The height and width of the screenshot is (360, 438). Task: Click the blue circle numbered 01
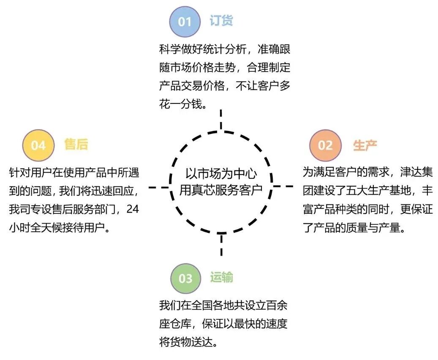185,22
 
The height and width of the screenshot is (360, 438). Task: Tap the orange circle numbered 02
325,145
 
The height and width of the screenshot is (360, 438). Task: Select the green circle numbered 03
185,278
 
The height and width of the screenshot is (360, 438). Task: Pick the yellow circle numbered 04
38,145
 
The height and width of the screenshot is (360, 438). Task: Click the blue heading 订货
221,21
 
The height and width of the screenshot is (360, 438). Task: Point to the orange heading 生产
365,145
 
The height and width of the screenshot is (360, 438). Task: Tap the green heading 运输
222,278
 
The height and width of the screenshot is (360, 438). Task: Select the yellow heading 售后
76,145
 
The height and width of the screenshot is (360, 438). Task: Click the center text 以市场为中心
221,174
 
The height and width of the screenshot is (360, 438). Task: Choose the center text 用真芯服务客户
221,190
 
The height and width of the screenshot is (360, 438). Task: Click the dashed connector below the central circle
221,245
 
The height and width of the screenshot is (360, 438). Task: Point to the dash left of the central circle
158,186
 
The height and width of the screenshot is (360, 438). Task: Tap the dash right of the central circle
283,186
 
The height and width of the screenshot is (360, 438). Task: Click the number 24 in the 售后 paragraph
132,210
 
